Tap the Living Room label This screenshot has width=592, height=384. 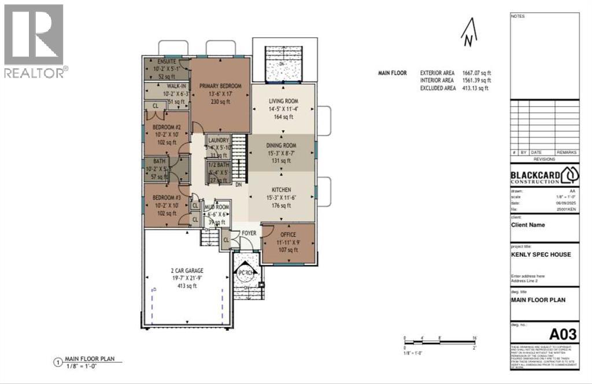click(282, 100)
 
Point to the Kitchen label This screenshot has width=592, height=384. click(282, 190)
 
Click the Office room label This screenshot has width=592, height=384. click(288, 235)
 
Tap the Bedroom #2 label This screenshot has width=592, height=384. click(167, 127)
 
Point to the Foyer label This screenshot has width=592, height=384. click(249, 233)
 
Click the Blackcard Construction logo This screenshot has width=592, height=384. click(544, 175)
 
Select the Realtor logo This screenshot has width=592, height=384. click(34, 40)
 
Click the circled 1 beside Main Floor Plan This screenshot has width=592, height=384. click(57, 363)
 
